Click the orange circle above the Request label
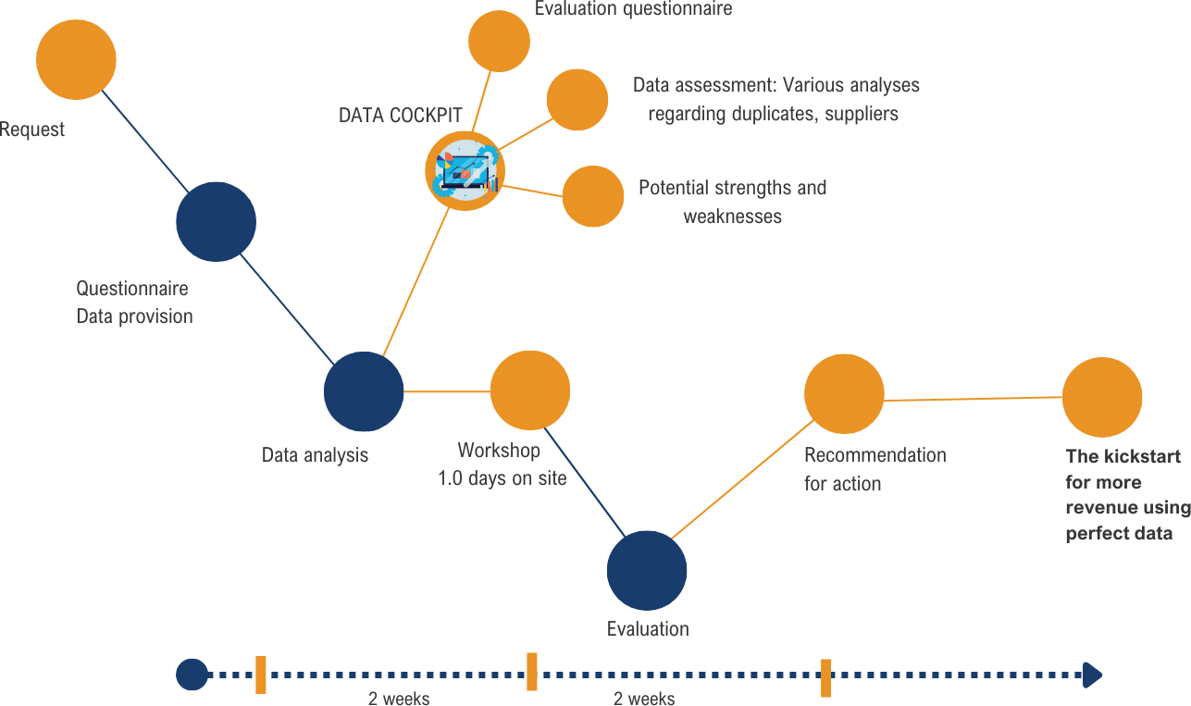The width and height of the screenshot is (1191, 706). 76,60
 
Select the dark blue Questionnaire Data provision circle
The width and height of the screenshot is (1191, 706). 216,222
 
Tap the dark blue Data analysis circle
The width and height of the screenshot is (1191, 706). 364,392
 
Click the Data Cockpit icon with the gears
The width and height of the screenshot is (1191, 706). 465,171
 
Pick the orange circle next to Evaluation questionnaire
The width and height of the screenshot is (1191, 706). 499,41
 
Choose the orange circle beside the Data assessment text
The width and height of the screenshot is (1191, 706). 577,99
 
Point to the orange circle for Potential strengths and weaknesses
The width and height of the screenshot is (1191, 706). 592,196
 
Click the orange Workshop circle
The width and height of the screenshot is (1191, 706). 529,390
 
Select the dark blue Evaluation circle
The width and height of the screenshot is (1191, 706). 647,571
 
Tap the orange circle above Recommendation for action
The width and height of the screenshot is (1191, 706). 844,394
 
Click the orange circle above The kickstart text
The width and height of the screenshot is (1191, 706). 1101,397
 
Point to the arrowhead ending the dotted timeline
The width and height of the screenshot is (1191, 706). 1092,675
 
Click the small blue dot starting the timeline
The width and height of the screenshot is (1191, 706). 192,675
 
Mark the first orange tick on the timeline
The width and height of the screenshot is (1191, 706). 261,675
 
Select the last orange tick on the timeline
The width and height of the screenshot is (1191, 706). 825,677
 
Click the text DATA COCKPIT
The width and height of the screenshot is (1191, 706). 400,116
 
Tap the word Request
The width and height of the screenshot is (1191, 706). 32,130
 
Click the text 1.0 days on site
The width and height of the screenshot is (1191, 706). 502,479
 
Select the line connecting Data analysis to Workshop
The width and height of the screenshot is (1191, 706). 447,391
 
